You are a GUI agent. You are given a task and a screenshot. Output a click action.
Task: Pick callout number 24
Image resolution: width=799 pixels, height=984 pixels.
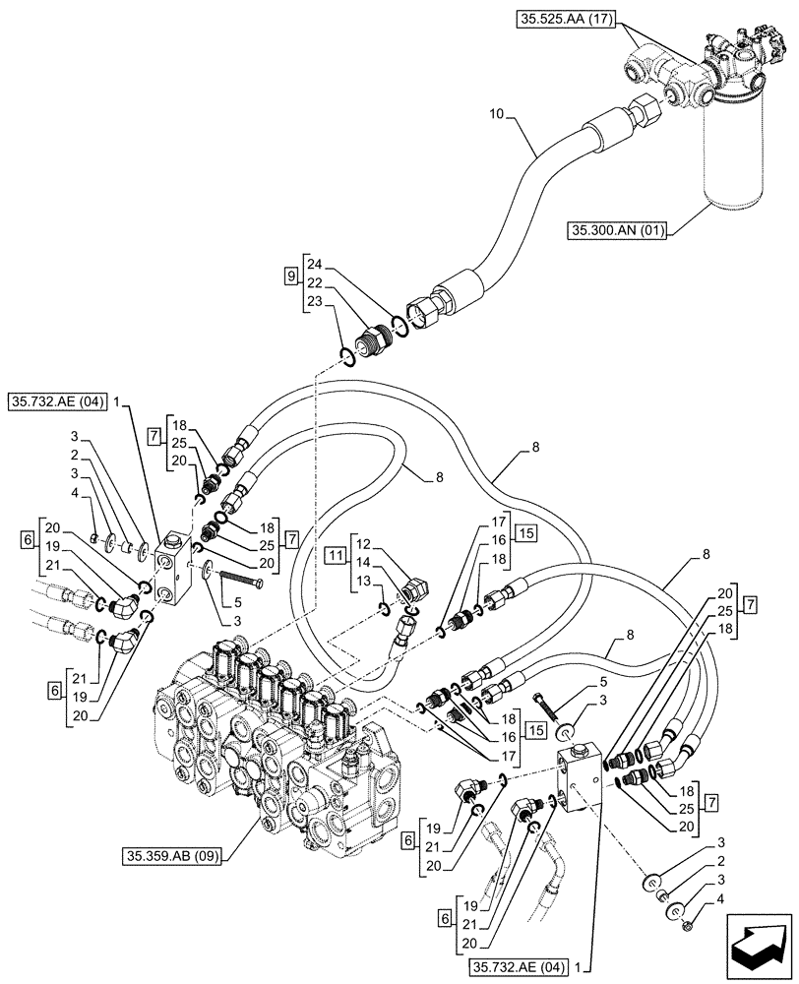[x=314, y=264]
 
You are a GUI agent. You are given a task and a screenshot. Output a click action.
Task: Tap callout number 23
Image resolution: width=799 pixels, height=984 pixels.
[x=314, y=302]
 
